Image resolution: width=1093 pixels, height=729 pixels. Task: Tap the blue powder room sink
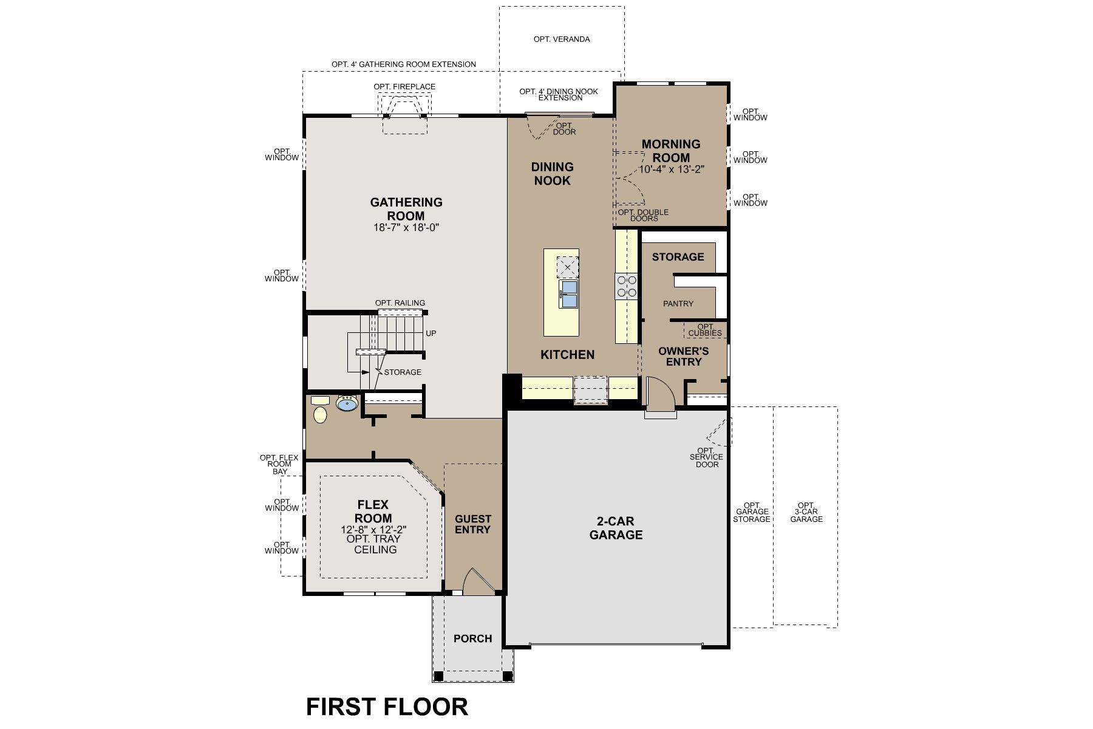click(x=347, y=404)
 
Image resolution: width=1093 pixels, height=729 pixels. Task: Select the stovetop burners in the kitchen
click(x=626, y=287)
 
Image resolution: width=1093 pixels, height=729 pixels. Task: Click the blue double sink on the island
click(x=569, y=293)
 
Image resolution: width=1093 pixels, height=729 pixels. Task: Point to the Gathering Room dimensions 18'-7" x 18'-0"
click(x=406, y=228)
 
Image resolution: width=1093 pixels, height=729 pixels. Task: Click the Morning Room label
click(x=671, y=151)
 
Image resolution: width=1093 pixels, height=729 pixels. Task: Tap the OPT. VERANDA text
click(x=562, y=39)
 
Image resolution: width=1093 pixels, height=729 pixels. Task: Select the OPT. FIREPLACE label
click(x=404, y=87)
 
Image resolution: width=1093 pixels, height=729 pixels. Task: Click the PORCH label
click(x=472, y=638)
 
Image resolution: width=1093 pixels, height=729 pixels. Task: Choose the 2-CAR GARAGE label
click(x=616, y=528)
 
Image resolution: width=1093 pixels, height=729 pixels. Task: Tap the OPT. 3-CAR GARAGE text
click(x=806, y=512)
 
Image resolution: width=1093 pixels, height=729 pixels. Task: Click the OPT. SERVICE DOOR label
click(x=707, y=457)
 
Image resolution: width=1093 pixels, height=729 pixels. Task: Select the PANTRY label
click(x=678, y=303)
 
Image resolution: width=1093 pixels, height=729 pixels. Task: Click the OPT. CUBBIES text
click(x=705, y=330)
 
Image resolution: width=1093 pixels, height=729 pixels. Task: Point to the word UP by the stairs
click(x=431, y=334)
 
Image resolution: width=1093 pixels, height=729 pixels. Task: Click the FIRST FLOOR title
click(x=387, y=707)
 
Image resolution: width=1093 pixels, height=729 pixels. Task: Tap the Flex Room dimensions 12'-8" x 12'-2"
click(x=373, y=529)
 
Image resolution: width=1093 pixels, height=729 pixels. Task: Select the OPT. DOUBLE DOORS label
click(x=643, y=215)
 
